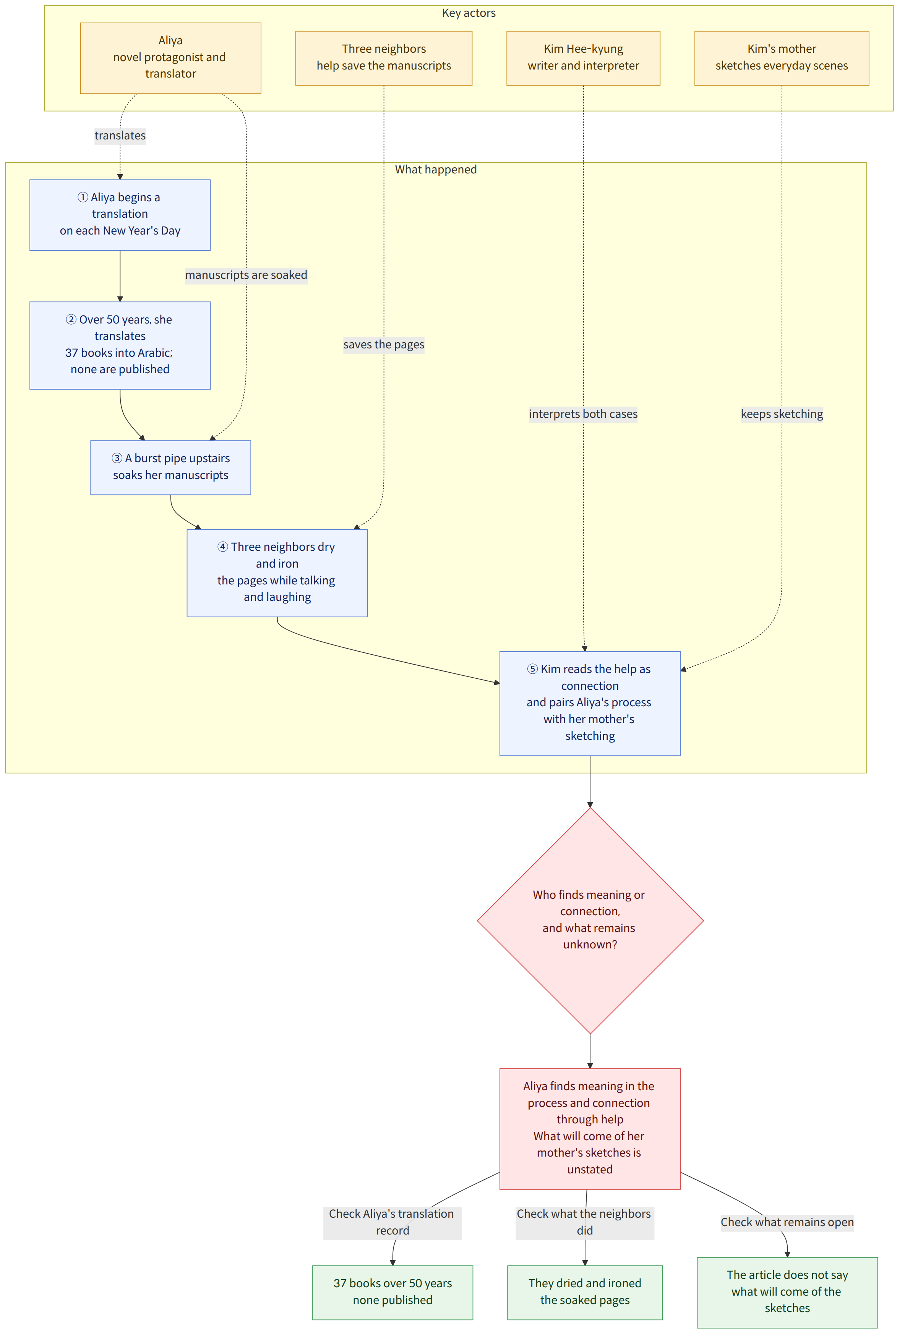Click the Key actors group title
pyautogui.click(x=469, y=13)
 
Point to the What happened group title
pyautogui.click(x=436, y=169)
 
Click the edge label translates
pyautogui.click(x=120, y=136)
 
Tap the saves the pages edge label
pyautogui.click(x=384, y=345)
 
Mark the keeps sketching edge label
pyautogui.click(x=782, y=414)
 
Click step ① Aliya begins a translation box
pyautogui.click(x=120, y=215)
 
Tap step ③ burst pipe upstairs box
pyautogui.click(x=170, y=467)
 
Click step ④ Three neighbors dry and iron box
pyautogui.click(x=277, y=573)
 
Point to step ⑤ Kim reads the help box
pyautogui.click(x=590, y=703)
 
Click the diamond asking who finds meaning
pyautogui.click(x=590, y=920)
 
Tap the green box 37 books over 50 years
pyautogui.click(x=392, y=1292)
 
